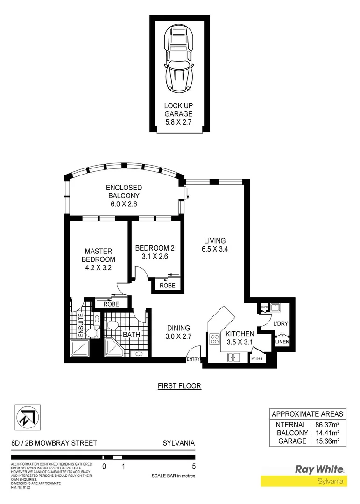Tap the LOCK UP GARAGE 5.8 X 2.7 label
178,114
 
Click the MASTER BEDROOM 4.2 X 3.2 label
98,259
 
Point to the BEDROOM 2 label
154,252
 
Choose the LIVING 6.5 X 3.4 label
215,245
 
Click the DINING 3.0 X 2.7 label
178,332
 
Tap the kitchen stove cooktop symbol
215,339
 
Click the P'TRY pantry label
257,358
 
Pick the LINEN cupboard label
282,342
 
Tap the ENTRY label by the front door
193,359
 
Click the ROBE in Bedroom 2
167,285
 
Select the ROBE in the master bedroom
111,304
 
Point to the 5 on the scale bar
193,466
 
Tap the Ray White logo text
319,469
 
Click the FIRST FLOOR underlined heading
179,386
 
